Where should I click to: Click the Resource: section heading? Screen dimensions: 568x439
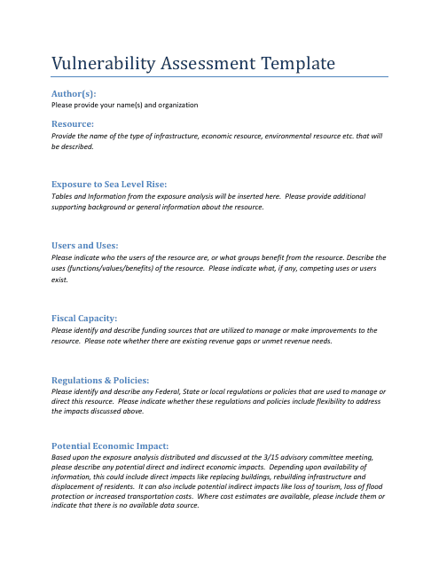coord(73,124)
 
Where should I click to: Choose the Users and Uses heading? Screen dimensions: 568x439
coord(85,244)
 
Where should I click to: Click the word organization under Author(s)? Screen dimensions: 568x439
coord(176,105)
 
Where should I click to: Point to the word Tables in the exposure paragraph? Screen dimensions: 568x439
coord(63,195)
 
